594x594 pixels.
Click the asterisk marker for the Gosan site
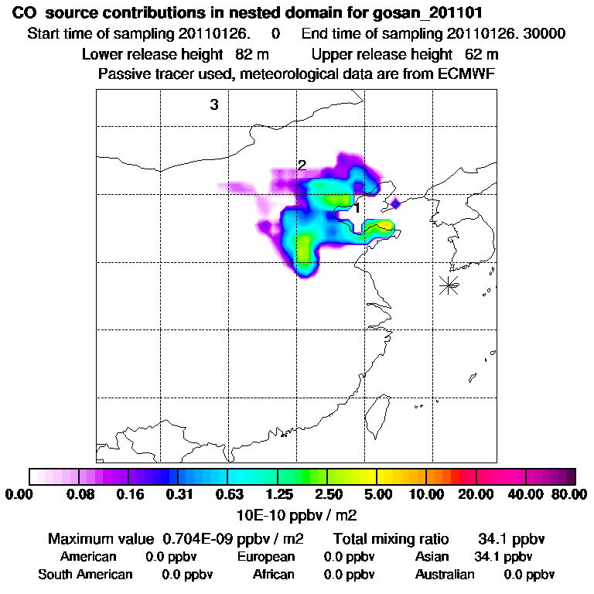click(448, 285)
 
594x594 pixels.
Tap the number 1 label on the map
click(357, 207)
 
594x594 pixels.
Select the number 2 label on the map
click(302, 166)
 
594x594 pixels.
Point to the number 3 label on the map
click(214, 105)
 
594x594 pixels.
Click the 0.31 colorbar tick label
click(179, 494)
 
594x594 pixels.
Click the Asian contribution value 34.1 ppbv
click(503, 557)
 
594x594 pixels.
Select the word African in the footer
click(274, 575)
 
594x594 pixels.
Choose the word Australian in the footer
click(445, 575)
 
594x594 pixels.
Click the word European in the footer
click(266, 557)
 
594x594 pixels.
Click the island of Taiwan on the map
click(379, 415)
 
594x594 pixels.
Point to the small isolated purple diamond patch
click(395, 203)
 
